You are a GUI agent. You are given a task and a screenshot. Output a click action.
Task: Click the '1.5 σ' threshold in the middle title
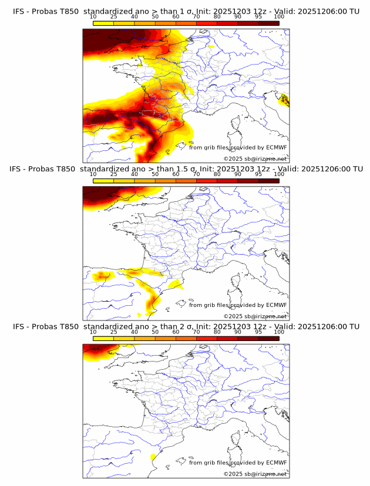[x=187, y=169]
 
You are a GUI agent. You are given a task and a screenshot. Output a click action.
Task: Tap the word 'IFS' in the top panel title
[x=19, y=11]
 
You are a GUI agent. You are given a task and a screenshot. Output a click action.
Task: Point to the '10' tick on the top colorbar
[x=93, y=16]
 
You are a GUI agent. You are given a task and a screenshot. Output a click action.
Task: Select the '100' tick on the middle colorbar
[x=279, y=174]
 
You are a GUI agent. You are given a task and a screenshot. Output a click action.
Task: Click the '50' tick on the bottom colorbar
[x=155, y=332]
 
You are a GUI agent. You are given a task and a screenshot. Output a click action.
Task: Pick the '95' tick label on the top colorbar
[x=258, y=16]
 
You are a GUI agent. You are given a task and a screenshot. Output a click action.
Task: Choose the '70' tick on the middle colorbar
[x=196, y=174]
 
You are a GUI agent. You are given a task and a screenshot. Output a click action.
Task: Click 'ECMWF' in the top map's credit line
[x=277, y=148]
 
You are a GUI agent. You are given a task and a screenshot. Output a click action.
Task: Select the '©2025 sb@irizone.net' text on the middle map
[x=255, y=316]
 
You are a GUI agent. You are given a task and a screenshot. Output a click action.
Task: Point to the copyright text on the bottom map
[x=255, y=474]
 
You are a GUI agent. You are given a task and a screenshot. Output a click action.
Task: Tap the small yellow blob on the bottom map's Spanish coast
[x=153, y=457]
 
